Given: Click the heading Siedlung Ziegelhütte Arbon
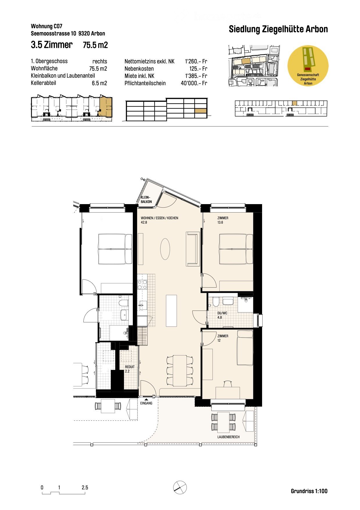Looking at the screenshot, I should [278, 29].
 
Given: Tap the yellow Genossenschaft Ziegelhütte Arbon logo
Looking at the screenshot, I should [308, 65].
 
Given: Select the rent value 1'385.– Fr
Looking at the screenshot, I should [196, 76].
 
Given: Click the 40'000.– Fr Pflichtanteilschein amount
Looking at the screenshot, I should [194, 83].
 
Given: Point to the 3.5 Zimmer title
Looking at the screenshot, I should [52, 45].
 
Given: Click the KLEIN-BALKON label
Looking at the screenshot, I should [146, 199].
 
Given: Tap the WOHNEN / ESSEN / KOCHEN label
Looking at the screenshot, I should [159, 218].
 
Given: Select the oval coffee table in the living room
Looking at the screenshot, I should [165, 249].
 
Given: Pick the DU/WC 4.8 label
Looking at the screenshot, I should [222, 315].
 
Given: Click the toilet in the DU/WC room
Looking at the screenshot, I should [216, 302].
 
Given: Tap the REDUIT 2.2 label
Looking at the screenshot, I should [130, 369].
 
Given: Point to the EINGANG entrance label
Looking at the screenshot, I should [146, 403].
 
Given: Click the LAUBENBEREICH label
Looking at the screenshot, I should [228, 437].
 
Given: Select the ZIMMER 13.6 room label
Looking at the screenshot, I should [223, 220].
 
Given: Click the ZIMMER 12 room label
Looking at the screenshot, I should [223, 338].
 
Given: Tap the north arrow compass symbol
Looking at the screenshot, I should [180, 487].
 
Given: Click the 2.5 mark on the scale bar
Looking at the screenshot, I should [85, 488].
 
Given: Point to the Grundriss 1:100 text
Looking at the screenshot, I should [309, 491].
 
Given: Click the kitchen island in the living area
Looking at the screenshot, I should [171, 311].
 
